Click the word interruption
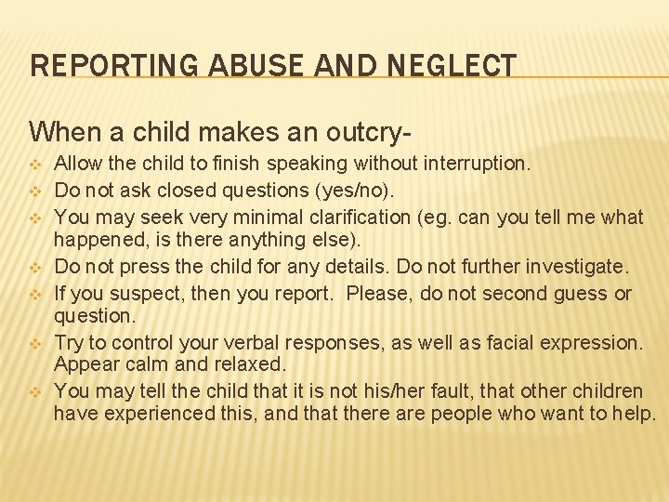click(x=478, y=165)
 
